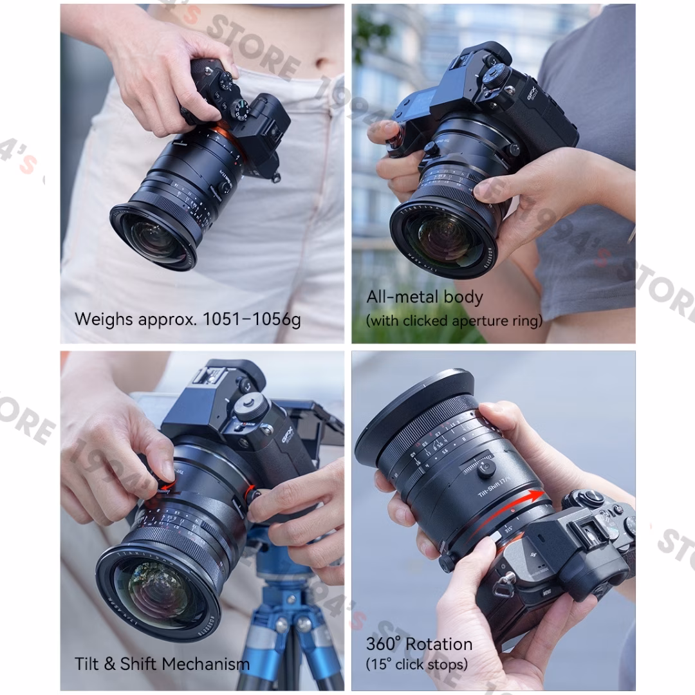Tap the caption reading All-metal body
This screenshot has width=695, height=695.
click(x=424, y=297)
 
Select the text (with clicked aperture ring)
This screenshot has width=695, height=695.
click(x=454, y=320)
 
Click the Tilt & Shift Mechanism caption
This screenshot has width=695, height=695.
click(x=162, y=664)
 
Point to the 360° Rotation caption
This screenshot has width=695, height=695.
click(x=419, y=644)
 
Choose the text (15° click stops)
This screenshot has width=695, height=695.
click(x=416, y=664)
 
